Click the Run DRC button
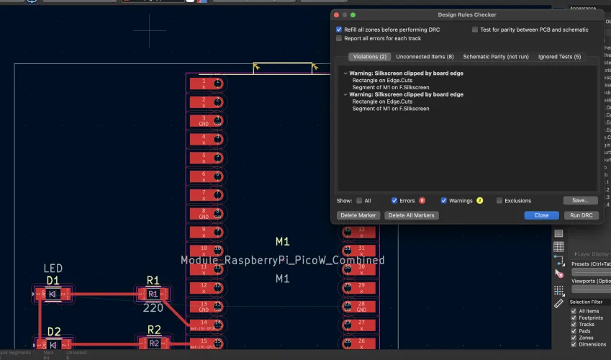pyautogui.click(x=581, y=215)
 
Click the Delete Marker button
pyautogui.click(x=358, y=215)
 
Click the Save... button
pyautogui.click(x=580, y=201)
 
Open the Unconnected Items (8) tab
pyautogui.click(x=425, y=56)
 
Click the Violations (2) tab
pyautogui.click(x=371, y=56)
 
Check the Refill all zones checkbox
pyautogui.click(x=339, y=30)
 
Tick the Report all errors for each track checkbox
pyautogui.click(x=339, y=38)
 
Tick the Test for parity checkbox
pyautogui.click(x=475, y=30)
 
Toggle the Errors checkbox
pyautogui.click(x=394, y=201)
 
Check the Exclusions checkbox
pyautogui.click(x=499, y=201)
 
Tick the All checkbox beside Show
pyautogui.click(x=359, y=201)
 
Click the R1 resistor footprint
pyautogui.click(x=153, y=294)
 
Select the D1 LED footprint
pyautogui.click(x=53, y=294)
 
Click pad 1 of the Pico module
pyautogui.click(x=204, y=83)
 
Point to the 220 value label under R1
pyautogui.click(x=153, y=307)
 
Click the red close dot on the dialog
pyautogui.click(x=335, y=14)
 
